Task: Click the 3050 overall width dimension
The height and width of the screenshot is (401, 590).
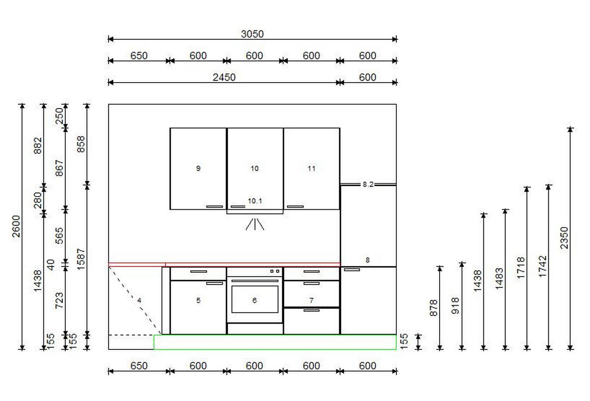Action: tap(252, 34)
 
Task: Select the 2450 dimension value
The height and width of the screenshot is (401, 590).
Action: tap(224, 78)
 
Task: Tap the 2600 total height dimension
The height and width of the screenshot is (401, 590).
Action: tap(16, 226)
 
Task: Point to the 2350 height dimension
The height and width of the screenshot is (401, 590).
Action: tap(564, 238)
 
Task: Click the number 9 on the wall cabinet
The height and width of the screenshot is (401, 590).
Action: tap(198, 168)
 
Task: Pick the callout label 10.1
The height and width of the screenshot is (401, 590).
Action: tap(255, 201)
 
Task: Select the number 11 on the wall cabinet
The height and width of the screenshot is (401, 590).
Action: tap(311, 168)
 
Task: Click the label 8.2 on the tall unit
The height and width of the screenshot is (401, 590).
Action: tap(368, 184)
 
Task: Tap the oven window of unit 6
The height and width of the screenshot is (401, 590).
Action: tap(255, 299)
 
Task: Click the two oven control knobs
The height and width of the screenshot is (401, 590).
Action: tap(275, 271)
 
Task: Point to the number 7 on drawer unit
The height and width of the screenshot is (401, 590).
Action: tap(311, 300)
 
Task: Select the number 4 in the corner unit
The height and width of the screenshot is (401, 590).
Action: tap(139, 300)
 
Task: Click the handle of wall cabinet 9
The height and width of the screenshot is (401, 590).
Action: tap(214, 207)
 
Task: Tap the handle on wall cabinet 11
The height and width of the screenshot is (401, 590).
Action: tap(295, 207)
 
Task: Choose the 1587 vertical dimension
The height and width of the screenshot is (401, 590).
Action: tap(81, 259)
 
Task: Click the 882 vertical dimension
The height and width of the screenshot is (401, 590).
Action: tap(38, 145)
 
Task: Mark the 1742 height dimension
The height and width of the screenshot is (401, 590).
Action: tap(543, 266)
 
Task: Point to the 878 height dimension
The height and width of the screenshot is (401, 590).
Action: tap(434, 308)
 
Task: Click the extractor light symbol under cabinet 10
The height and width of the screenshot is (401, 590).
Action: tap(255, 224)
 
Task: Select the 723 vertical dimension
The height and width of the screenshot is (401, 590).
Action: tap(59, 300)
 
